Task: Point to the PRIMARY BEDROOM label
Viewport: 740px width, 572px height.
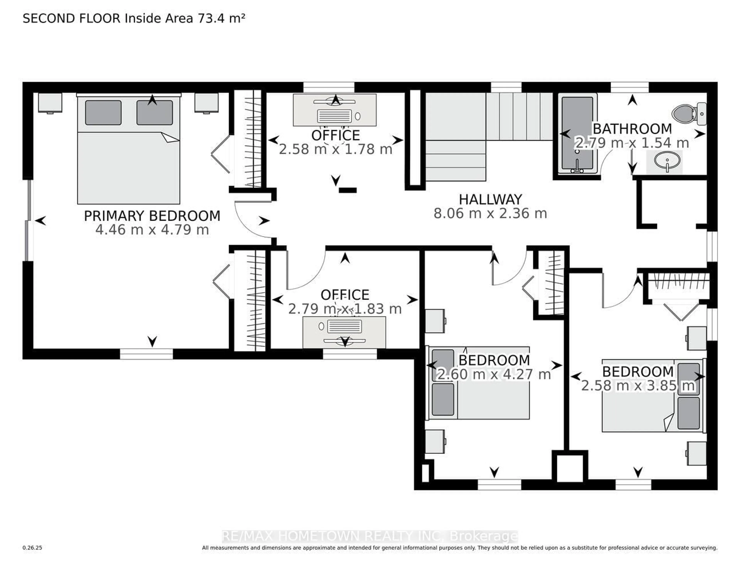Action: click(x=152, y=216)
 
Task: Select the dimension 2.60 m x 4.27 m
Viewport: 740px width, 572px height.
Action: click(x=494, y=374)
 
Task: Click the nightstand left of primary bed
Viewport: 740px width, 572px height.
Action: click(x=50, y=103)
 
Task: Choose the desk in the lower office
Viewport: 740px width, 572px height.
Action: click(x=344, y=332)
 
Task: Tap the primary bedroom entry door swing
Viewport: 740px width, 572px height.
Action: click(x=252, y=220)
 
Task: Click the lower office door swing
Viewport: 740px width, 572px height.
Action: click(x=305, y=271)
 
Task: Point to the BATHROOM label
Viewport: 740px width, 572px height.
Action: click(x=632, y=129)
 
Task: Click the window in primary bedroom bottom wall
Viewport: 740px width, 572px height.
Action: click(x=146, y=354)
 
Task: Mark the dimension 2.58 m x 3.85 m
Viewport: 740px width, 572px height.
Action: click(x=638, y=386)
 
